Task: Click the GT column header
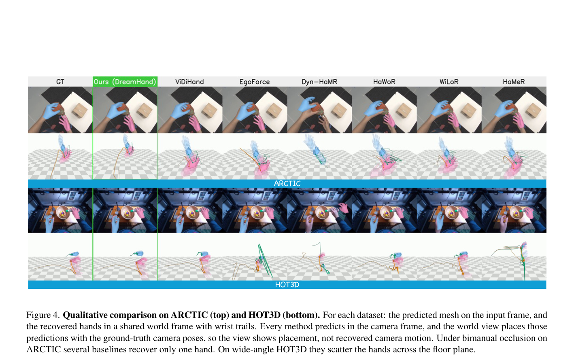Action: coord(60,82)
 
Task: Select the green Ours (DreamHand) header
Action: coord(125,82)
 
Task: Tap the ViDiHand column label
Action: coord(189,82)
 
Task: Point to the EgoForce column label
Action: coord(255,82)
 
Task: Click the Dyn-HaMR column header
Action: coord(319,82)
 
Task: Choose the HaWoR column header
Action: coord(384,82)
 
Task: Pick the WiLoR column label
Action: coord(449,82)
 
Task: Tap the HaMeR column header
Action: coord(514,82)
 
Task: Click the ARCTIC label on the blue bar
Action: coord(287,184)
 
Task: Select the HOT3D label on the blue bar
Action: coord(287,285)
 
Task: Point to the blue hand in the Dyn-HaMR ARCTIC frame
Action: coord(307,105)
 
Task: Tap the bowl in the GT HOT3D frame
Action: coord(62,212)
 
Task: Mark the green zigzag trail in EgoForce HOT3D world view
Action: coord(264,260)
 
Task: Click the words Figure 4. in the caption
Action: coord(43,315)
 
